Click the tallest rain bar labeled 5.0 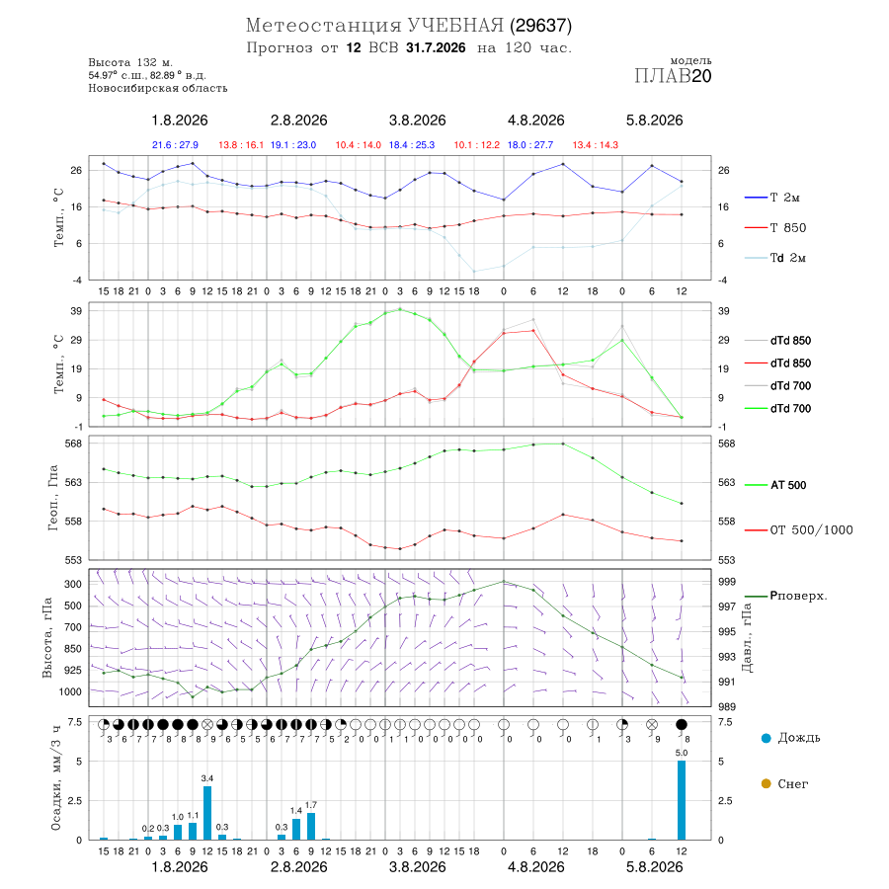click(681, 800)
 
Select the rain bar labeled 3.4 click(207, 813)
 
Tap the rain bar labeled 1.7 click(311, 826)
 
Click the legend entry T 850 click(774, 228)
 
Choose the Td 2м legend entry click(774, 258)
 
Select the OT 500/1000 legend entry click(798, 530)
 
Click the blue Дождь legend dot click(766, 738)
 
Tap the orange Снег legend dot click(766, 783)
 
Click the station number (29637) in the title click(540, 26)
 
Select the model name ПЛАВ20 click(673, 76)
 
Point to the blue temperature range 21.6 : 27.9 click(175, 145)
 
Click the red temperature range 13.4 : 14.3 click(596, 145)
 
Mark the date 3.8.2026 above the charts click(417, 121)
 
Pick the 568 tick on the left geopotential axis click(74, 444)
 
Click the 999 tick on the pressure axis click(727, 582)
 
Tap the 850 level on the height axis click(73, 649)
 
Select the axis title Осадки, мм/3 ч click(55, 776)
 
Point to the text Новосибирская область click(158, 89)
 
